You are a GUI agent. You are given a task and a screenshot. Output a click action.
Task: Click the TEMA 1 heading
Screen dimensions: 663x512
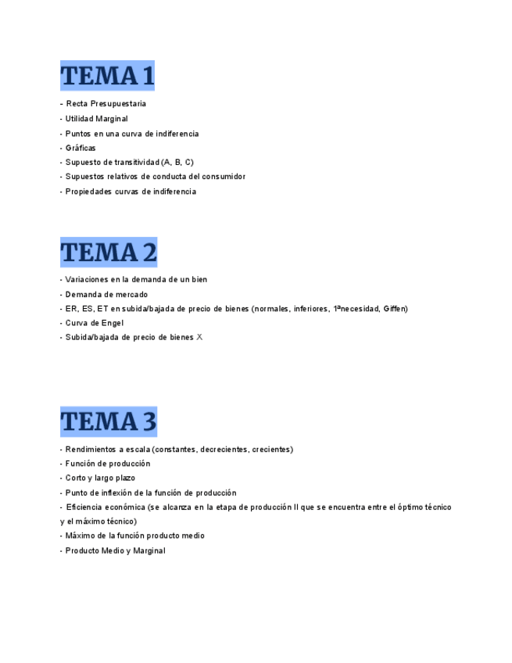(107, 77)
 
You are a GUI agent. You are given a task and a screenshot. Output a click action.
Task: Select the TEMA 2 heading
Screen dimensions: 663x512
(109, 253)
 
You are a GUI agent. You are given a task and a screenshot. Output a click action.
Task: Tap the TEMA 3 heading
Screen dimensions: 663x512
(109, 421)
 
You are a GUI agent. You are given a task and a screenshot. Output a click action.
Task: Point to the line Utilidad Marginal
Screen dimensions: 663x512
(96, 119)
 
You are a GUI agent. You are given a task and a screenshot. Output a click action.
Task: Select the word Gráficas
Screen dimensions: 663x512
(81, 148)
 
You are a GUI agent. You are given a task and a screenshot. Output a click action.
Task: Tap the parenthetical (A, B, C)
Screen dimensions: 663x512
(177, 163)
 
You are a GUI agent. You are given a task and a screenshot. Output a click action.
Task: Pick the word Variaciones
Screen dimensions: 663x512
(88, 280)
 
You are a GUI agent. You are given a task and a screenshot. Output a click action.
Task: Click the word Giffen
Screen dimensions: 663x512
(395, 309)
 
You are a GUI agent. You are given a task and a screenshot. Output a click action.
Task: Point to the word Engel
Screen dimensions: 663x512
(112, 323)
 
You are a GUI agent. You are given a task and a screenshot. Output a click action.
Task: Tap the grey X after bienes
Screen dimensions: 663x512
(199, 338)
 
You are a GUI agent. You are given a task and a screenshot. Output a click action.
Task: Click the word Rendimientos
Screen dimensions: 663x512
(91, 450)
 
